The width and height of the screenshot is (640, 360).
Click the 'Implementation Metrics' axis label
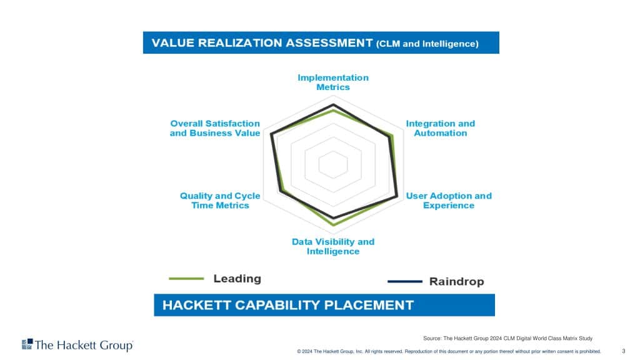click(x=333, y=82)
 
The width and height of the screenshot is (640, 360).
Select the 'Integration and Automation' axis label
click(x=441, y=128)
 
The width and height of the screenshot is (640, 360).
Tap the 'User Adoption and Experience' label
click(x=449, y=201)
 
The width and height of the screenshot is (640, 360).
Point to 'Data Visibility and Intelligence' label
click(x=333, y=246)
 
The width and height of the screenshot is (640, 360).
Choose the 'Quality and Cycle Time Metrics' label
click(x=220, y=201)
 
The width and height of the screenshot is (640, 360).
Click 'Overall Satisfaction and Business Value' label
click(x=215, y=128)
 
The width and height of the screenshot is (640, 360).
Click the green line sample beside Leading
click(x=186, y=278)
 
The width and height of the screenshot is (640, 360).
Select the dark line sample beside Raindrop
click(x=405, y=281)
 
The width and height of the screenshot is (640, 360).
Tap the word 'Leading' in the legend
click(x=237, y=278)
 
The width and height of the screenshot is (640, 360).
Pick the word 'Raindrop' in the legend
click(x=457, y=282)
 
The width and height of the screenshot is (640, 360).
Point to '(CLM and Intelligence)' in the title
click(x=427, y=44)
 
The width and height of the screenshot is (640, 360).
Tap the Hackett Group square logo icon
click(x=27, y=344)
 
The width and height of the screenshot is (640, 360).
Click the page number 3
click(x=623, y=351)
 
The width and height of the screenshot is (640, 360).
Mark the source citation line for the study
click(x=507, y=338)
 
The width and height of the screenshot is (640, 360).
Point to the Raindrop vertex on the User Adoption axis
click(x=397, y=197)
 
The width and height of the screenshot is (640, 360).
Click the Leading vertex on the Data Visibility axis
click(x=334, y=224)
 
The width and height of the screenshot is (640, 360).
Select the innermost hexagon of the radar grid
click(x=333, y=151)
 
